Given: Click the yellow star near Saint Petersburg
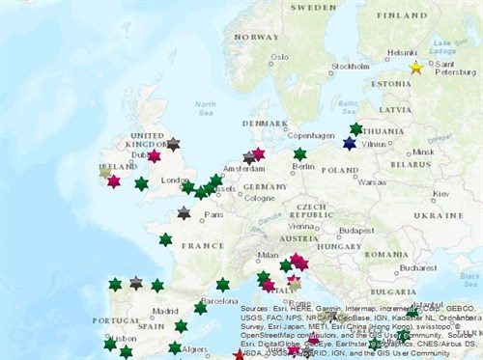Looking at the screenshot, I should [x=416, y=68].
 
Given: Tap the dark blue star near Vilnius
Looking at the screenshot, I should [x=350, y=143].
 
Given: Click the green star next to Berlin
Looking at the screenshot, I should [x=300, y=153].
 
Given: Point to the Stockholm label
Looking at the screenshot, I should [x=351, y=67].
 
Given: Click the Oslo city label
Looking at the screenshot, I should [x=279, y=56].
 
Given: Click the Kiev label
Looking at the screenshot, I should [x=440, y=194].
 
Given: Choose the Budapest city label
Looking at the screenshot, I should [x=356, y=231].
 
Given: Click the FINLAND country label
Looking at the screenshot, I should [x=402, y=15].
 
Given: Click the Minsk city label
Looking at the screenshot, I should [x=423, y=152].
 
